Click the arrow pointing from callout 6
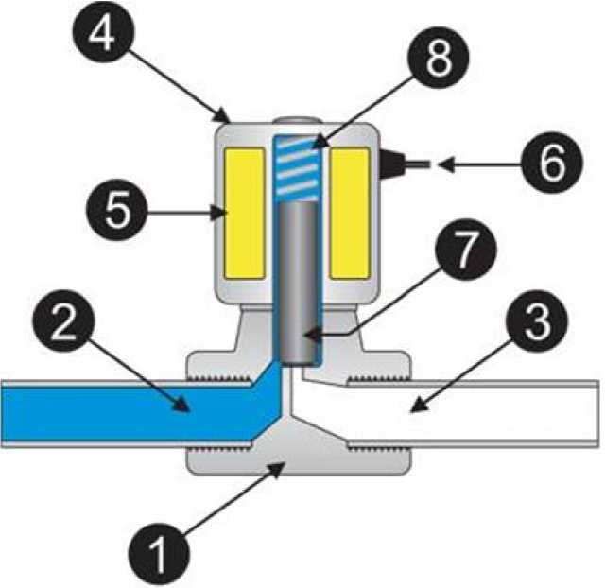[x=473, y=166]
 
